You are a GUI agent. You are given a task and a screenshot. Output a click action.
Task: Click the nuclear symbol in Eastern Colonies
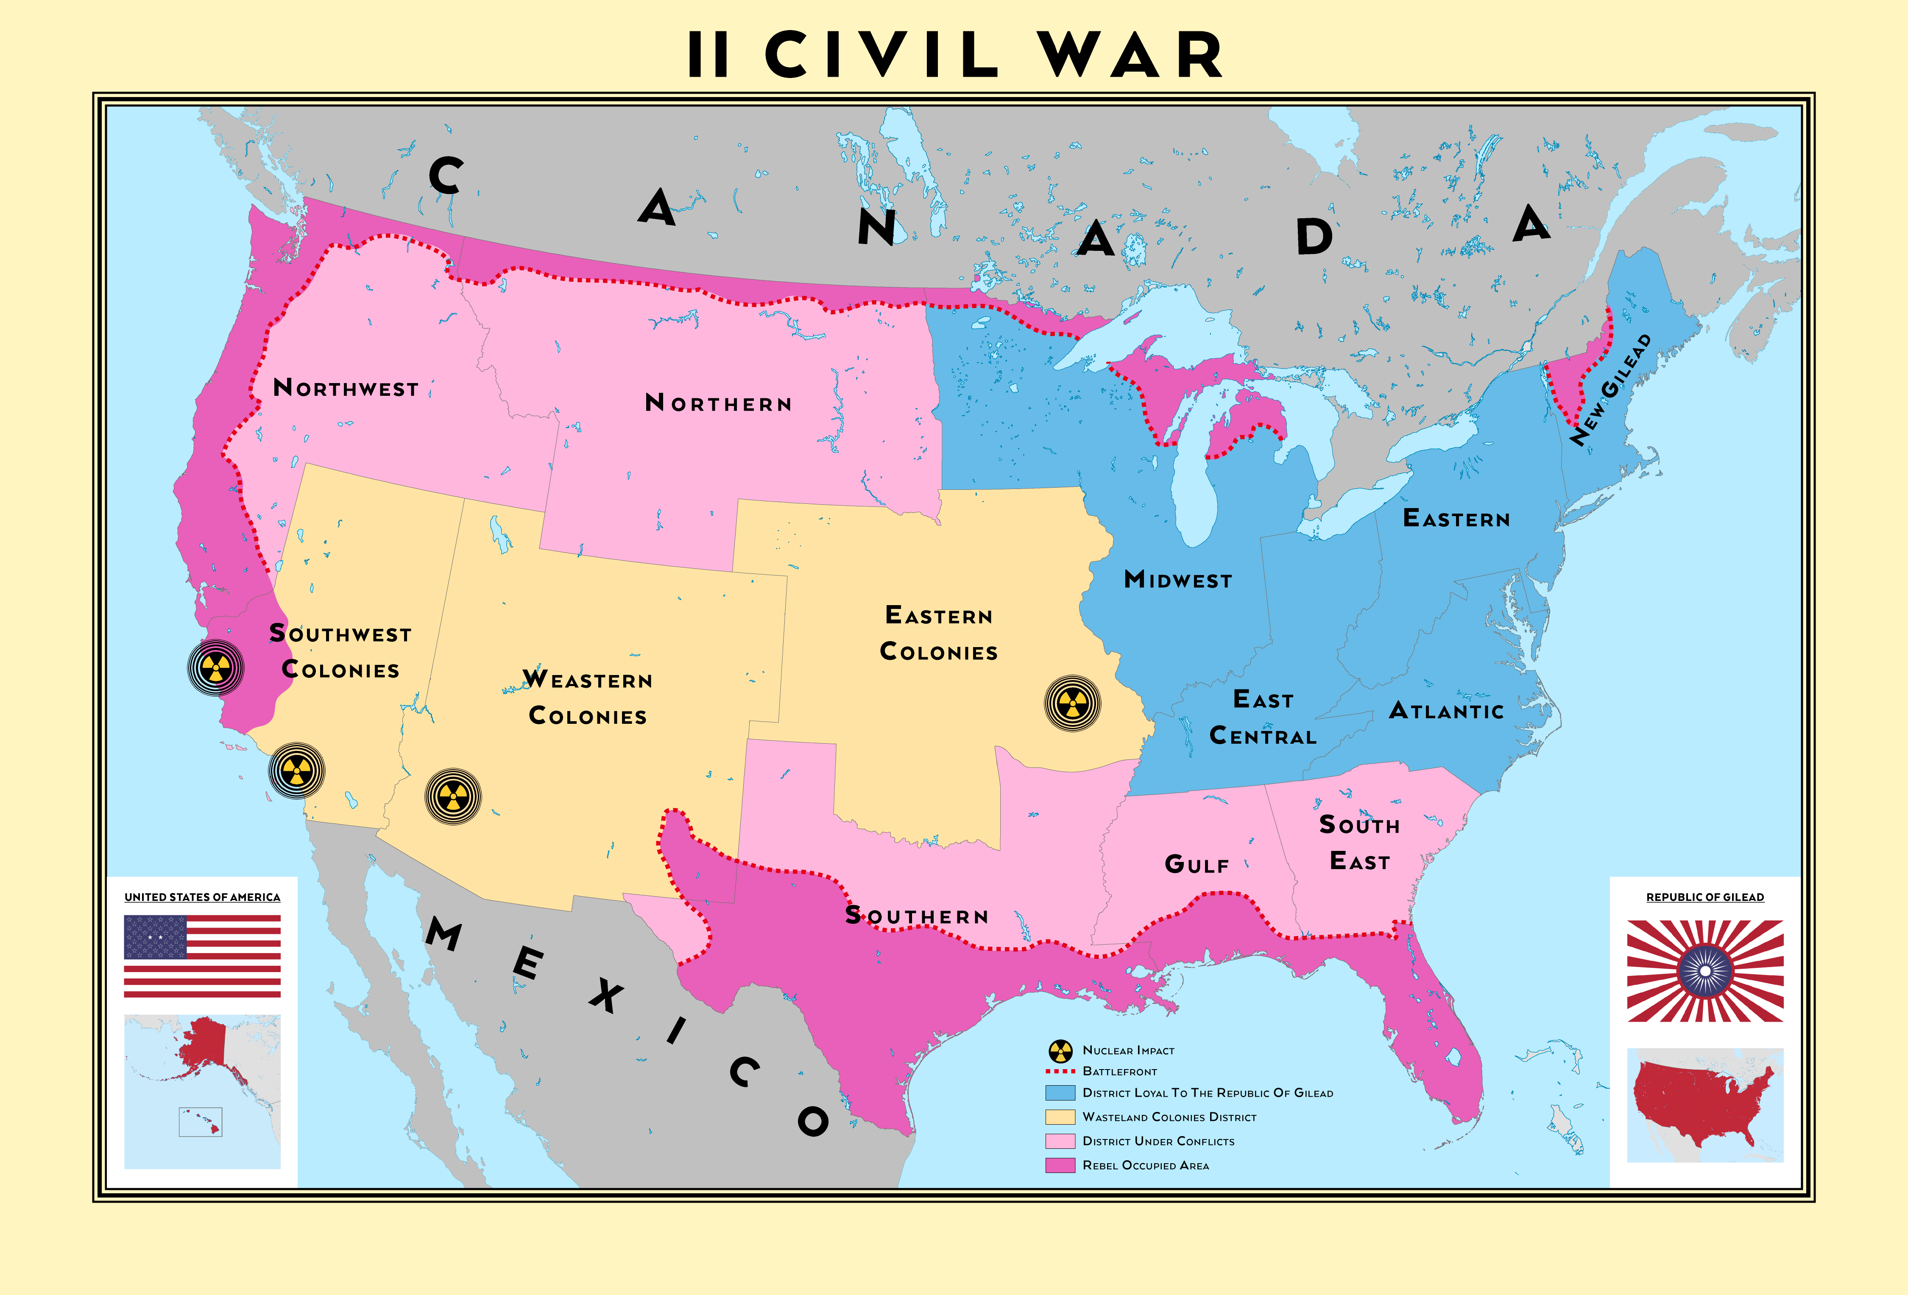click(1072, 703)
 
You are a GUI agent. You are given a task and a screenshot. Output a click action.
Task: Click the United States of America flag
click(202, 956)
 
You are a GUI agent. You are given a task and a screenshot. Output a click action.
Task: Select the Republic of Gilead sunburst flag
click(1705, 971)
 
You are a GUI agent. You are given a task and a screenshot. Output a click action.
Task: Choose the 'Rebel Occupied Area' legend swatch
click(1060, 1165)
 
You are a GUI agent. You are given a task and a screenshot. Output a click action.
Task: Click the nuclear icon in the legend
click(1060, 1050)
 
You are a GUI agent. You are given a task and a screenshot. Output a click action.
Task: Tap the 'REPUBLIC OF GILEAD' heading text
click(1705, 897)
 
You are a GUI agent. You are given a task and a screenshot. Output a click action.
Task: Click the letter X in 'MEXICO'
click(606, 995)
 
